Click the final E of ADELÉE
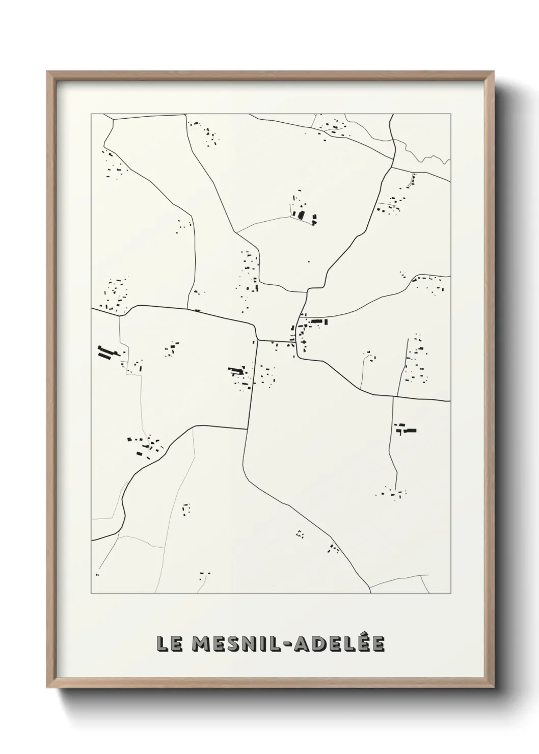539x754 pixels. click(x=378, y=643)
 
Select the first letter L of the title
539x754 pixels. click(x=161, y=643)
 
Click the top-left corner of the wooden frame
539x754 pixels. click(x=47, y=72)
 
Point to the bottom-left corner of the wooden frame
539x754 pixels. click(x=47, y=687)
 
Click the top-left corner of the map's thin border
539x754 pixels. click(x=91, y=114)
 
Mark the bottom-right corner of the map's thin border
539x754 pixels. click(x=451, y=594)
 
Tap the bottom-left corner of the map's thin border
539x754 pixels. click(x=91, y=594)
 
